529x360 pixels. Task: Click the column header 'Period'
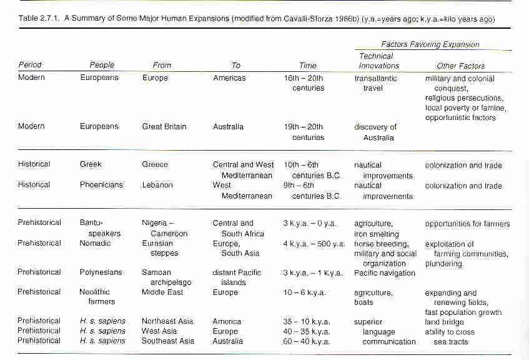click(x=30, y=64)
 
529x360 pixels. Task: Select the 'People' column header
click(x=102, y=65)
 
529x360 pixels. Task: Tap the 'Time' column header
click(x=308, y=66)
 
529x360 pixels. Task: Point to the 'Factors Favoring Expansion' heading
click(x=430, y=44)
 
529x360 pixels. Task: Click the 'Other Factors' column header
click(x=460, y=66)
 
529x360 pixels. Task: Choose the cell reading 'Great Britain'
click(x=164, y=127)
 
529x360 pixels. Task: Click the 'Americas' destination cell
click(x=229, y=78)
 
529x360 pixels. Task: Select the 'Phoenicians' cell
click(x=101, y=185)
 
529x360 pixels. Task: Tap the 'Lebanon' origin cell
click(x=157, y=185)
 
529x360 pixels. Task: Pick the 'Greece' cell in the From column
click(x=155, y=164)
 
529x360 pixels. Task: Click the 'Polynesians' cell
click(x=101, y=272)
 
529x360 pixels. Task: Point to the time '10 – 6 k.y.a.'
click(x=304, y=292)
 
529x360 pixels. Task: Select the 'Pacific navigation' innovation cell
click(x=385, y=273)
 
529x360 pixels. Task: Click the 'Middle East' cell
click(x=162, y=292)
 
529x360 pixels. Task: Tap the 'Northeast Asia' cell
click(x=167, y=321)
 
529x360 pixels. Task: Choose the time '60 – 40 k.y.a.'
click(x=307, y=341)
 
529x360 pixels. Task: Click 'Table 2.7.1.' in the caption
click(x=39, y=18)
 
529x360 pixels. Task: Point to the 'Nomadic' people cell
click(x=95, y=243)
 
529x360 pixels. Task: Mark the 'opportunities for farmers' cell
click(x=467, y=224)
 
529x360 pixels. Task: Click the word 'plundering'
click(x=443, y=264)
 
